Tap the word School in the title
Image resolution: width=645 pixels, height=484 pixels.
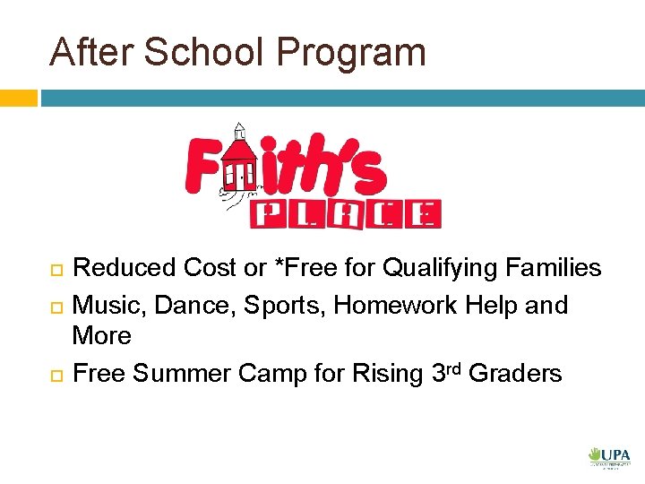click(x=208, y=52)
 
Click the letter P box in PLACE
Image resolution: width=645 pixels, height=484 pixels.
click(x=268, y=214)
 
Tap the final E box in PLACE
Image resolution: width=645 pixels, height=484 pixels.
click(x=427, y=214)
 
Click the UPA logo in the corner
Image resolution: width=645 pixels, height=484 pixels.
click(x=609, y=457)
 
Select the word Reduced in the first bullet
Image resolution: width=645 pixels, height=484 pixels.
click(x=124, y=267)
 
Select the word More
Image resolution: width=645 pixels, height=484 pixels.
click(x=101, y=336)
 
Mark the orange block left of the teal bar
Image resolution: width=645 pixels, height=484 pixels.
click(x=19, y=97)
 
